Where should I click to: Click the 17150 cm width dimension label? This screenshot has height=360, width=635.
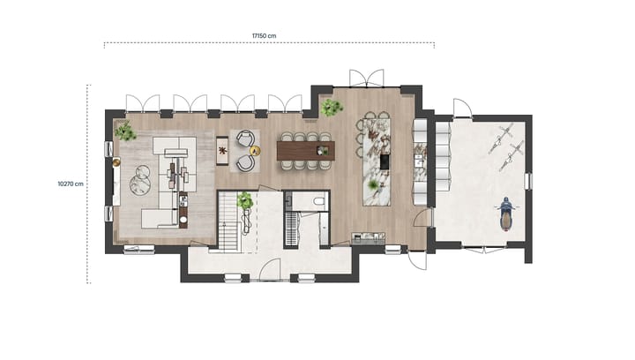265,36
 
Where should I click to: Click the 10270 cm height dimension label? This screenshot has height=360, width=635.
71,184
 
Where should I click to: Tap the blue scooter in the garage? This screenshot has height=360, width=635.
506,213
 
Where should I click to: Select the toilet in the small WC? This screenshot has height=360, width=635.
318,202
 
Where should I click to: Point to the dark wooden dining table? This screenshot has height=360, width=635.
305,151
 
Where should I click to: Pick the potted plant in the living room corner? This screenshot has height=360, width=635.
125,132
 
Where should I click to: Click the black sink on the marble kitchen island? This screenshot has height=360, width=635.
385,161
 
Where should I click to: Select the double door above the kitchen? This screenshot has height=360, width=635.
366,78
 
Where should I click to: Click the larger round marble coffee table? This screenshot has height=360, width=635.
139,184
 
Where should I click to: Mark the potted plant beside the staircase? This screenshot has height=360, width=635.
245,201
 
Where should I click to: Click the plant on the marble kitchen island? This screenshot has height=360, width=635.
373,184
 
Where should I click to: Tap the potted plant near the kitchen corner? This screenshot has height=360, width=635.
332,108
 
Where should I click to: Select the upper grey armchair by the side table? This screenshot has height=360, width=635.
244,139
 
